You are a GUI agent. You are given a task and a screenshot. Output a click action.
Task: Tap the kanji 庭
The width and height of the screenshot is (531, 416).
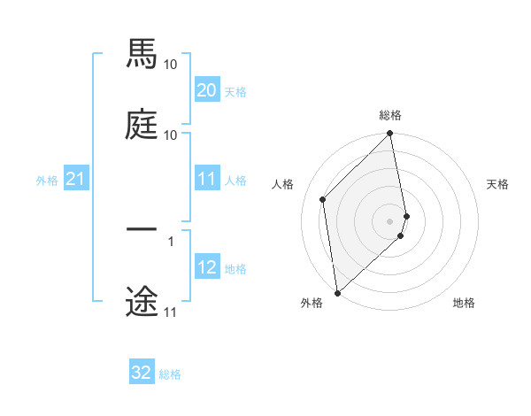point(142,123)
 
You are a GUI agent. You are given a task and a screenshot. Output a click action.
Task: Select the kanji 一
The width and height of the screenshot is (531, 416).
point(142,229)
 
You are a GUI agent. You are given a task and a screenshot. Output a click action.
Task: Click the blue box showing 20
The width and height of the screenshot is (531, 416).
point(207,90)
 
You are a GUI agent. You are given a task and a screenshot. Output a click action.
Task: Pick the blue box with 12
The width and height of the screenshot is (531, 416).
point(207,267)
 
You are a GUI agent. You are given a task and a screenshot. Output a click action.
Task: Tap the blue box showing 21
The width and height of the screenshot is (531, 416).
point(75,180)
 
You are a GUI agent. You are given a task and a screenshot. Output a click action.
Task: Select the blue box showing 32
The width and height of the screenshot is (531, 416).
point(142,373)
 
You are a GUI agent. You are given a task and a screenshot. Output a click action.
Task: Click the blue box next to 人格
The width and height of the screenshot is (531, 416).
point(207,179)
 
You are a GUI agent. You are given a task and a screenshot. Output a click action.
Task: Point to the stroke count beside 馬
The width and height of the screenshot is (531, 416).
point(171,65)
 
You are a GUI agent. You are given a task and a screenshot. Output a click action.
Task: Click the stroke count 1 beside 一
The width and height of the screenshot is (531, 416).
point(171,241)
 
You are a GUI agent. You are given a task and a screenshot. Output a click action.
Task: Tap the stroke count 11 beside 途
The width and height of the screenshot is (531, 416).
point(171,312)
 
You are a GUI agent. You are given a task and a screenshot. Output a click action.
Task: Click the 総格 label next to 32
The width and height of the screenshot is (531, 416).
point(170,374)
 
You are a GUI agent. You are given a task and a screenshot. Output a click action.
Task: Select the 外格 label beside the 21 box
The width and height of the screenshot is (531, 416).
point(47,181)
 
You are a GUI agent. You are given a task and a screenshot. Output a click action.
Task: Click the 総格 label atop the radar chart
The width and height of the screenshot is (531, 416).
point(390,115)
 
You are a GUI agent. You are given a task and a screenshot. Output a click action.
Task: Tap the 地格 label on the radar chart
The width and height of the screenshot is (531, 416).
point(464,303)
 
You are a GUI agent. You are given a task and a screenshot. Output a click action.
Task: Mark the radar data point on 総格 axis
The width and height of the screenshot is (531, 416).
point(390,135)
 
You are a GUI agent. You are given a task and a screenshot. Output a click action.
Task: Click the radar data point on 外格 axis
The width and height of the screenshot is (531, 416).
point(337,292)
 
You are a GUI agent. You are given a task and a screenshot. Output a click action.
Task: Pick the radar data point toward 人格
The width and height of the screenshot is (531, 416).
point(323,199)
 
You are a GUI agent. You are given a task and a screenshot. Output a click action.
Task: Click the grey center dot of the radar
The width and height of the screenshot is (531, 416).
point(390,220)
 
